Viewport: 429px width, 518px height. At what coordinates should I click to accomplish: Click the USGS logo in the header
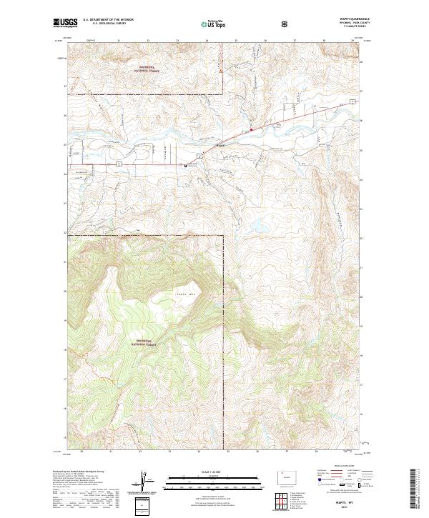64,24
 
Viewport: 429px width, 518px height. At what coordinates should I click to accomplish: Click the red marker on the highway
251,129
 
